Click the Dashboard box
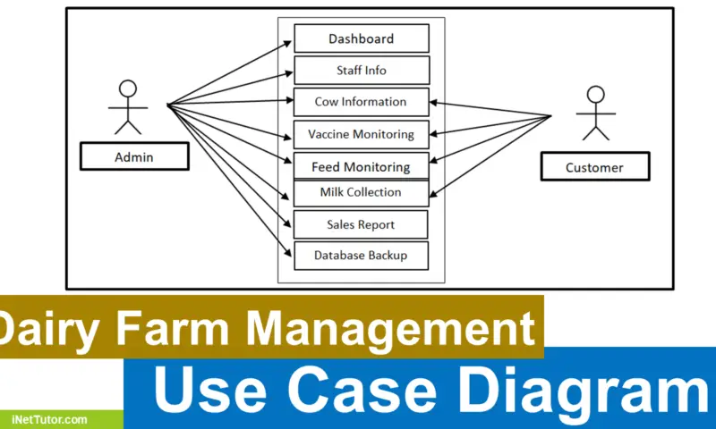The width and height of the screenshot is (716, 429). click(362, 38)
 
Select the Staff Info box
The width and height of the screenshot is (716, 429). click(362, 71)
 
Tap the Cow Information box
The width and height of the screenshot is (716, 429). click(362, 102)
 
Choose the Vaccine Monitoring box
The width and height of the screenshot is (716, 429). click(362, 134)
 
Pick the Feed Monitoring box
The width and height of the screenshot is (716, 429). click(362, 166)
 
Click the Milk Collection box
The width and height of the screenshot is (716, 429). click(362, 193)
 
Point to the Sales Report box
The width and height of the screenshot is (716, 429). click(361, 224)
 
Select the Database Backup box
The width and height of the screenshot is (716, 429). click(362, 256)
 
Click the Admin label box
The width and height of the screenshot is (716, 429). click(135, 156)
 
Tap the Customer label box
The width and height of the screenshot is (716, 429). click(595, 166)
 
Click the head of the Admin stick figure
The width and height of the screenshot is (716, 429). click(128, 88)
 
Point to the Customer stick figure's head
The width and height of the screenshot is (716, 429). click(596, 95)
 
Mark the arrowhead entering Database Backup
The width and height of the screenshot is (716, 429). click(288, 253)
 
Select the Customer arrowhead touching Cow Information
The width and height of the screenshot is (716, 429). click(434, 103)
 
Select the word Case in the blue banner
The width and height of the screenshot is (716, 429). click(362, 390)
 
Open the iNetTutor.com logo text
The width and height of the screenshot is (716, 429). click(49, 419)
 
